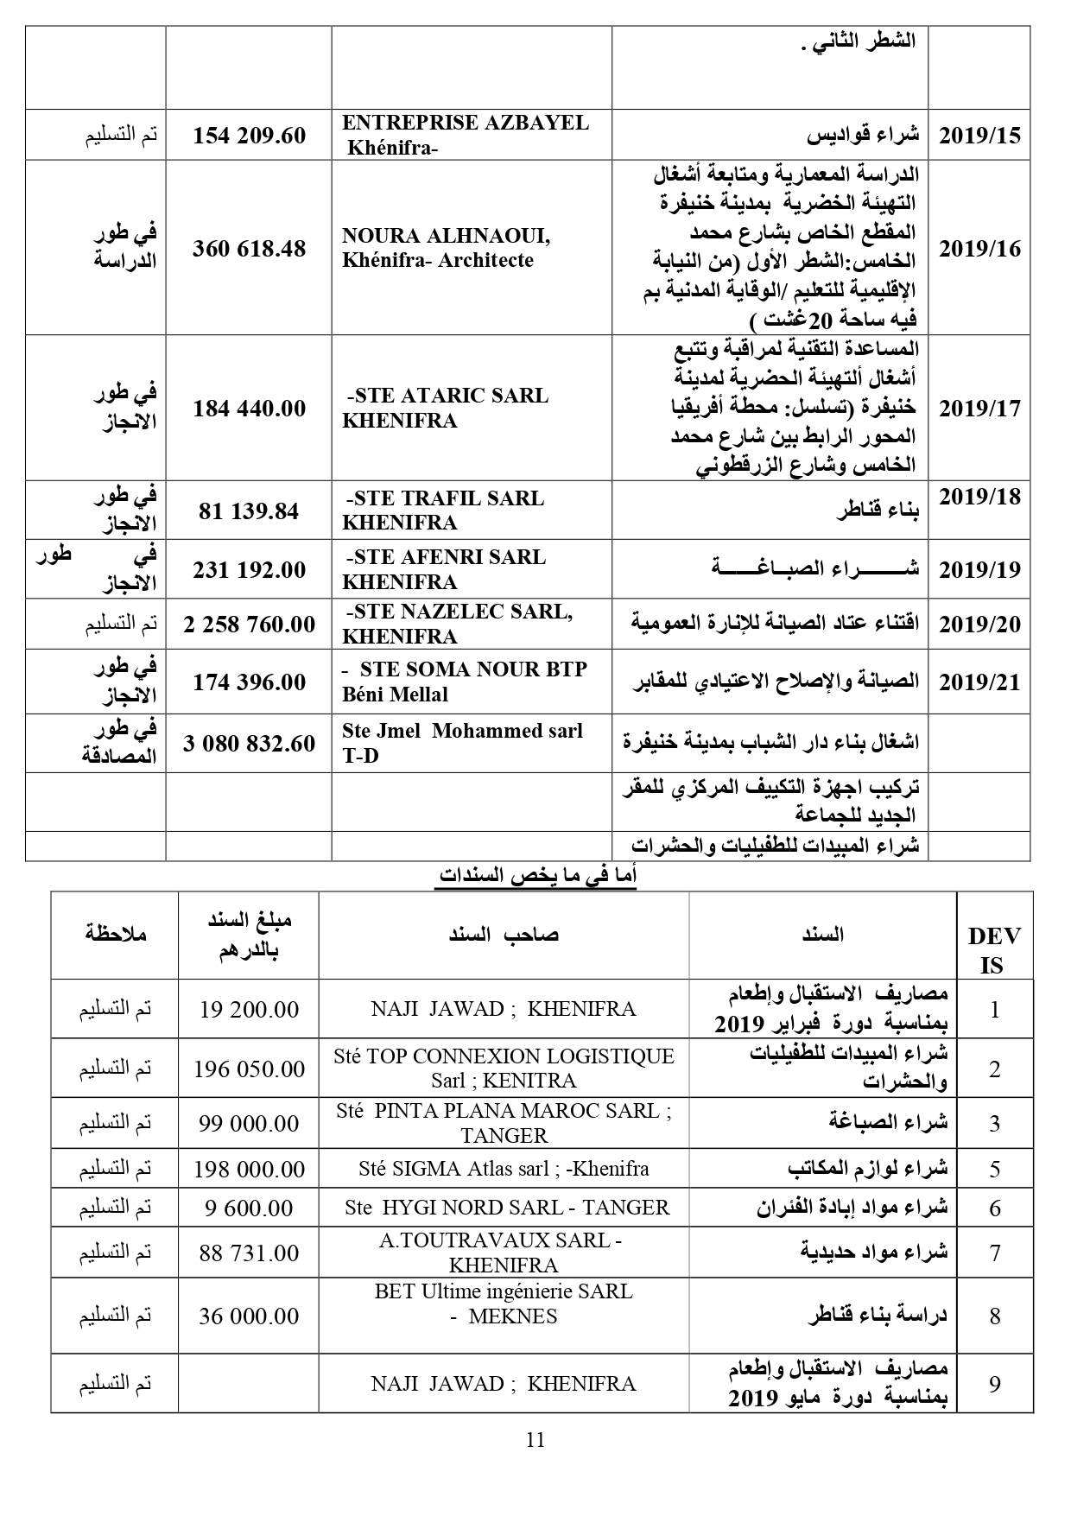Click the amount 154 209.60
click(x=249, y=136)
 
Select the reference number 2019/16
click(x=979, y=249)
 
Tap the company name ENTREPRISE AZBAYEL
click(x=466, y=124)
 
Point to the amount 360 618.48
click(x=249, y=249)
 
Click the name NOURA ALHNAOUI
click(x=446, y=236)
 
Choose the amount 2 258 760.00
click(x=249, y=624)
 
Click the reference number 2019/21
click(x=979, y=682)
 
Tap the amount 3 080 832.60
click(x=249, y=743)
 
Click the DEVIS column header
click(x=994, y=949)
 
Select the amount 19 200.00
click(x=249, y=1009)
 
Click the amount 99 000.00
click(x=249, y=1123)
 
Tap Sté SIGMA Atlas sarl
click(x=504, y=1169)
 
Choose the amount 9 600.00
click(x=249, y=1208)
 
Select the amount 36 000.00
click(x=249, y=1316)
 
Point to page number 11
click(x=535, y=1439)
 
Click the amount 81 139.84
click(x=249, y=511)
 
